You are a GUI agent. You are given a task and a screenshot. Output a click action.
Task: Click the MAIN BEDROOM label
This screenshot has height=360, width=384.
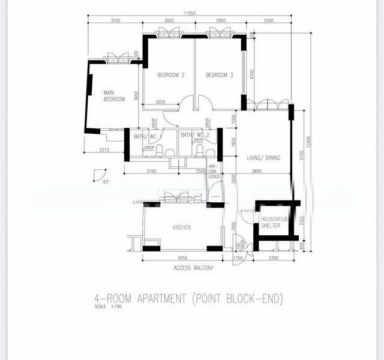pyautogui.click(x=114, y=96)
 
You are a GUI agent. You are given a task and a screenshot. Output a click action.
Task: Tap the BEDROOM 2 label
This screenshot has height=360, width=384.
pyautogui.click(x=170, y=75)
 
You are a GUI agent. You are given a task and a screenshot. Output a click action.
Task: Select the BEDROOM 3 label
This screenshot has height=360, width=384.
pyautogui.click(x=219, y=75)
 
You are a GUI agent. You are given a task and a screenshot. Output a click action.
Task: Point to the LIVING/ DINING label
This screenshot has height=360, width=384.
pyautogui.click(x=263, y=158)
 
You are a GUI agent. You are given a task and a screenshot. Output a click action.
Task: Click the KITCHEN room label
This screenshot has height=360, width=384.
pyautogui.click(x=182, y=228)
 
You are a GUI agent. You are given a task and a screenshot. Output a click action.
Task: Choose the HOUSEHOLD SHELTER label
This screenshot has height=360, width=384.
pyautogui.click(x=275, y=222)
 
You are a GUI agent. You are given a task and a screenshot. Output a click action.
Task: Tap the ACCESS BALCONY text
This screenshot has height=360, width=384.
pyautogui.click(x=193, y=268)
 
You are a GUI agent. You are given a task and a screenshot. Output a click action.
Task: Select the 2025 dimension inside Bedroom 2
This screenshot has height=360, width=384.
pyautogui.click(x=160, y=102)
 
